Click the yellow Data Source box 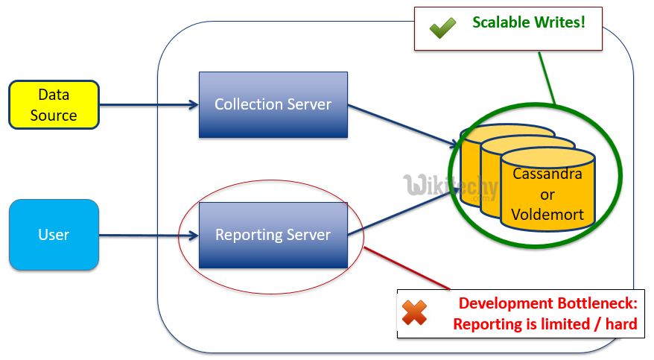coord(54,105)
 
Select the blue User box coord(54,234)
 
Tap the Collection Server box coord(273,104)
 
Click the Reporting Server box coord(273,235)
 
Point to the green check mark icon coord(442,28)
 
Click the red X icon coord(414,313)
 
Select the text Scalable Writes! coord(528,22)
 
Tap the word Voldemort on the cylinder coord(547,215)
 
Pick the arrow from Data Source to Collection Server coord(149,104)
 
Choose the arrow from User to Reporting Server coord(149,236)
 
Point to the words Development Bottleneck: coord(547,303)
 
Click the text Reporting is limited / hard coord(545,324)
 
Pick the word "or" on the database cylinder coord(547,195)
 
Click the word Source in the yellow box coord(54,116)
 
